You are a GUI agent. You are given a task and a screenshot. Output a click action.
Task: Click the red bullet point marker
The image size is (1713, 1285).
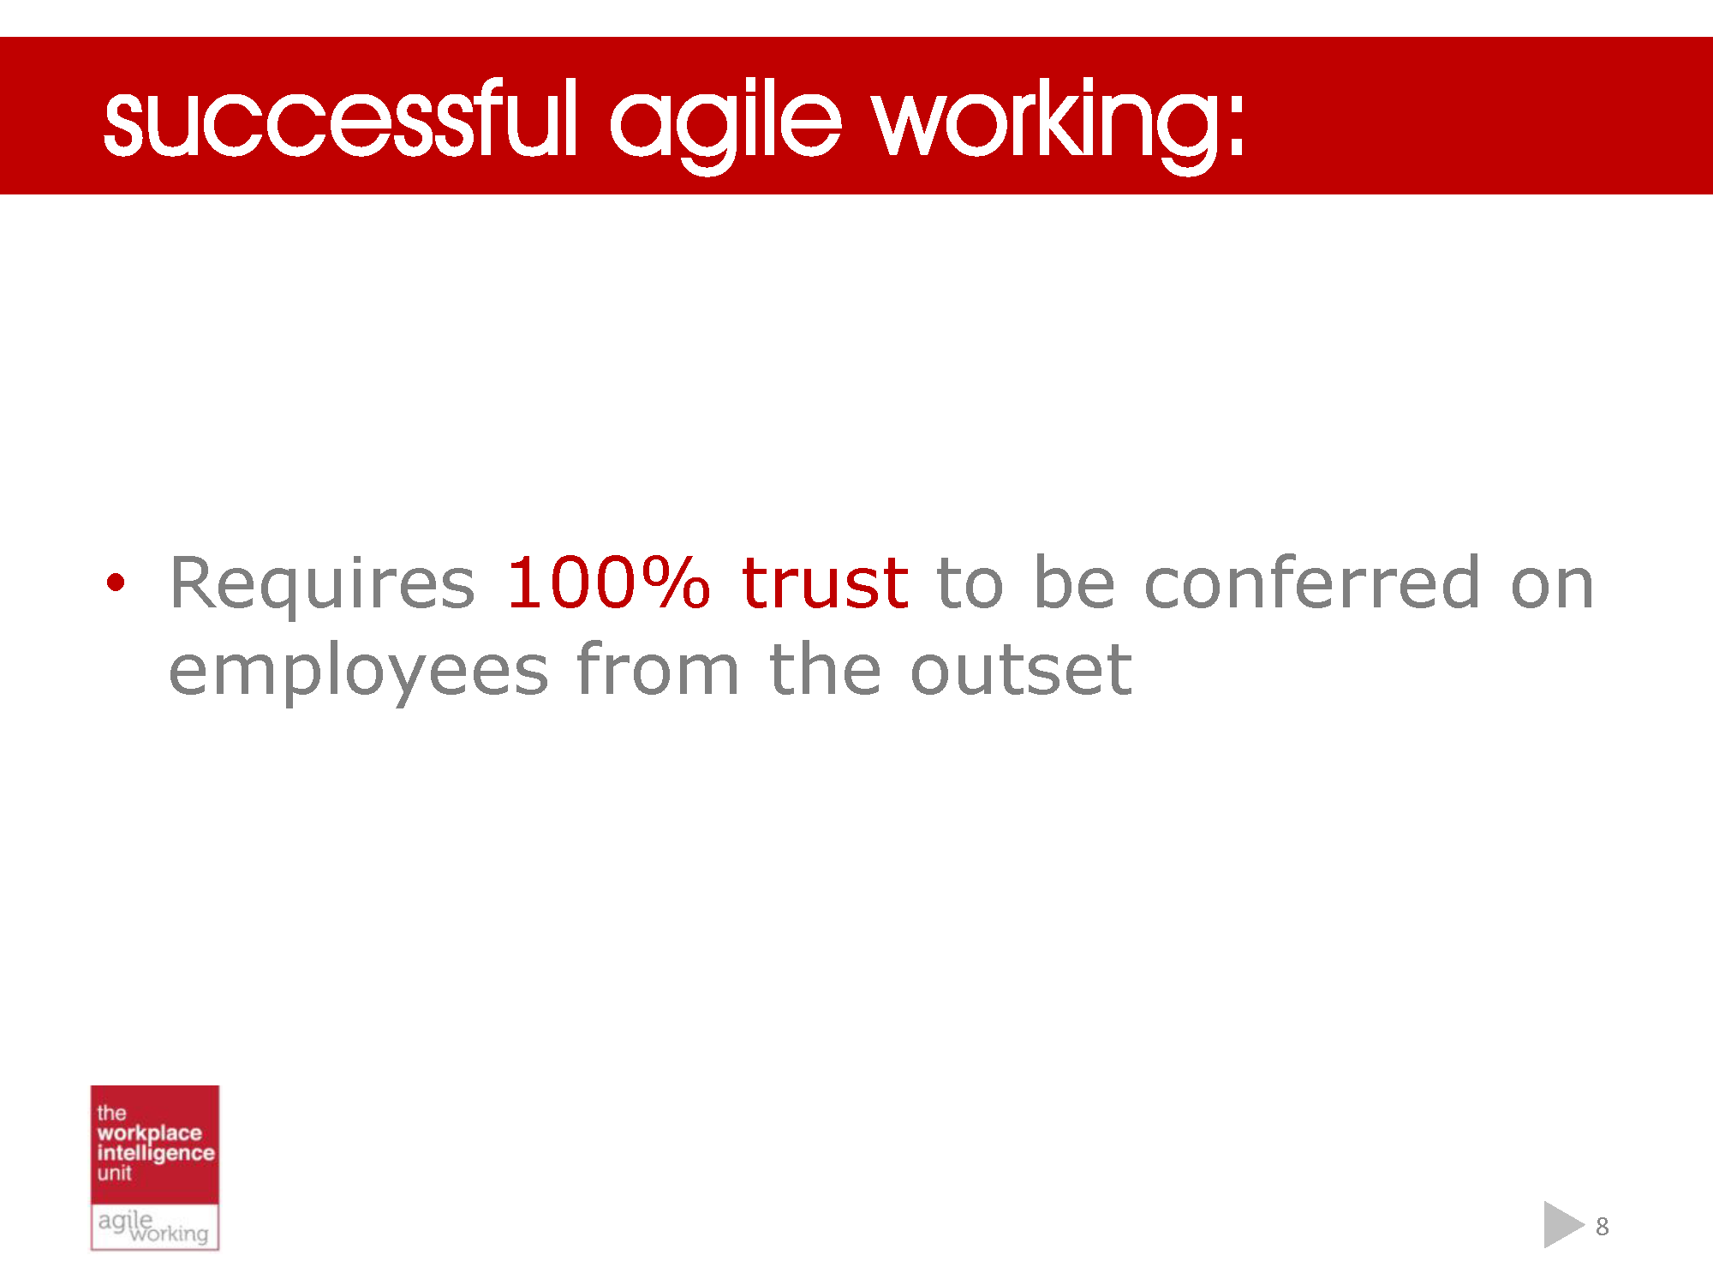click(116, 583)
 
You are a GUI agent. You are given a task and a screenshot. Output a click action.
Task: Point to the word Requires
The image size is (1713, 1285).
click(322, 583)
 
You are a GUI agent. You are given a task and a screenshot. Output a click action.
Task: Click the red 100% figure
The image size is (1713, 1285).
click(608, 583)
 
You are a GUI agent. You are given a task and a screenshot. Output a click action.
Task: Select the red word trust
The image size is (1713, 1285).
click(824, 583)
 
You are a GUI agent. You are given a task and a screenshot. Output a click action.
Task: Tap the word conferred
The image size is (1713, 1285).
click(1312, 583)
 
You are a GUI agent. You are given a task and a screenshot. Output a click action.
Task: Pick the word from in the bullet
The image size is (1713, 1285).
click(657, 670)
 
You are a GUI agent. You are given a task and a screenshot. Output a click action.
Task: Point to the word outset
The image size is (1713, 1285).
click(1021, 670)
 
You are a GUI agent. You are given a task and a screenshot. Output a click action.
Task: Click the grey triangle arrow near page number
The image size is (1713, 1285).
click(1561, 1224)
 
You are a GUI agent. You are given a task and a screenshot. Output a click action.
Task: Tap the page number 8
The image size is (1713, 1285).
click(1602, 1227)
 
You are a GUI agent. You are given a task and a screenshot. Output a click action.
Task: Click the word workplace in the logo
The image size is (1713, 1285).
click(149, 1133)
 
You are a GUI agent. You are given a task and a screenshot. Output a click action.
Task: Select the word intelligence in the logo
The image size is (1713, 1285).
click(155, 1153)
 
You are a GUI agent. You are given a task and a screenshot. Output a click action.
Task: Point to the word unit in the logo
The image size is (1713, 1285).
click(114, 1173)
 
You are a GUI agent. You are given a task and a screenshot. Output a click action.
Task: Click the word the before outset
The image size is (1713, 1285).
click(825, 670)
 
